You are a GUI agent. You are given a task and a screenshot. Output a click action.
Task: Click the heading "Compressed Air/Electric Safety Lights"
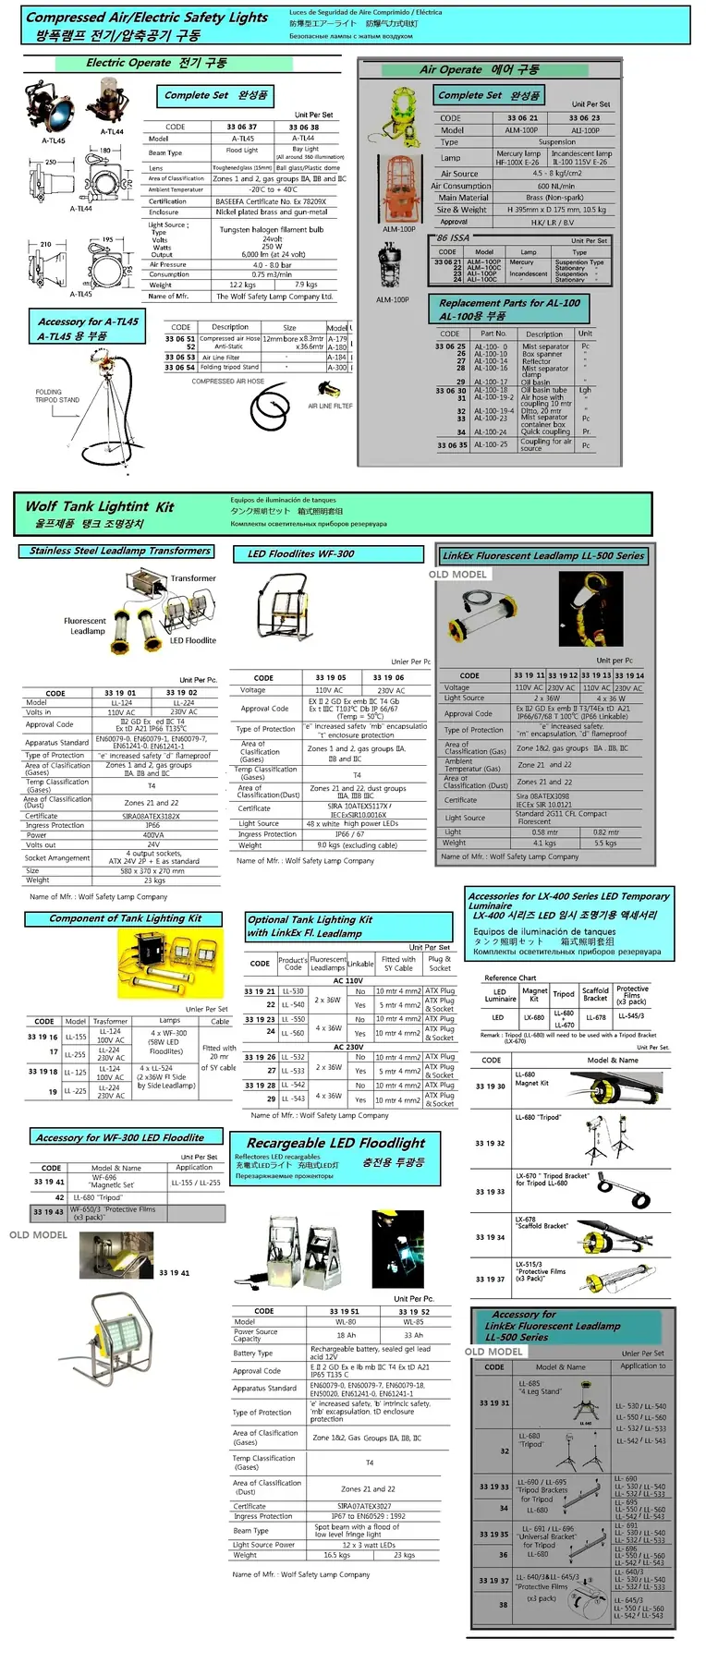point(147,18)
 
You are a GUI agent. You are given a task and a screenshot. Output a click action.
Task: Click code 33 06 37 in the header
point(242,127)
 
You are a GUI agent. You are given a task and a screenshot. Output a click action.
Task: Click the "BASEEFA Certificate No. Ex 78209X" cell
point(271,201)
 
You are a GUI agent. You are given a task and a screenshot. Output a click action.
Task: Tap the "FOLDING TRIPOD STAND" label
point(57,396)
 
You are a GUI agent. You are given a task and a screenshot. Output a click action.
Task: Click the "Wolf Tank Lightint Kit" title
point(100,506)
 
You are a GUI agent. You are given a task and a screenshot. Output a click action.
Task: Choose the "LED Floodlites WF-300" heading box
point(300,553)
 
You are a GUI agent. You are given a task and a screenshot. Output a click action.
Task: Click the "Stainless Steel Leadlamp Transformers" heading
point(120,551)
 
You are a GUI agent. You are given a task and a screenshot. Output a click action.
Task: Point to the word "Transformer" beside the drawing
point(193,578)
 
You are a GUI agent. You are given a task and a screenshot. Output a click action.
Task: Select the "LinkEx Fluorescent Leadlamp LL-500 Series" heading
point(542,555)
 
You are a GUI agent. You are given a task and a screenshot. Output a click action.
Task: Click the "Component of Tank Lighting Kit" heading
point(125,918)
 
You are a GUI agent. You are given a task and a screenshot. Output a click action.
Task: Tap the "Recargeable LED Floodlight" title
point(336,1143)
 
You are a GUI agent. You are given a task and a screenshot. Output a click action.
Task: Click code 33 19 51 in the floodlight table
point(344,1311)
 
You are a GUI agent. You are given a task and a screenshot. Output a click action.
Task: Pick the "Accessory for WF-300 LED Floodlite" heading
point(118,1137)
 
